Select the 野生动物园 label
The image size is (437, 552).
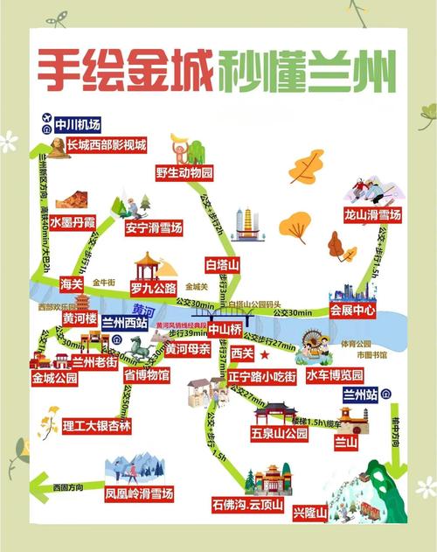(184, 172)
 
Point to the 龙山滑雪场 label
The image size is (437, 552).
(371, 214)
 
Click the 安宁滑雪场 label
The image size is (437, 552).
(153, 228)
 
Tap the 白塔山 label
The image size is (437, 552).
(222, 263)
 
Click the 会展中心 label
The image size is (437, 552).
(352, 310)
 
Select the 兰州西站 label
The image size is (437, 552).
(125, 321)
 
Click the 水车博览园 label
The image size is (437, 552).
(336, 374)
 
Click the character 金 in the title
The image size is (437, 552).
(142, 66)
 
